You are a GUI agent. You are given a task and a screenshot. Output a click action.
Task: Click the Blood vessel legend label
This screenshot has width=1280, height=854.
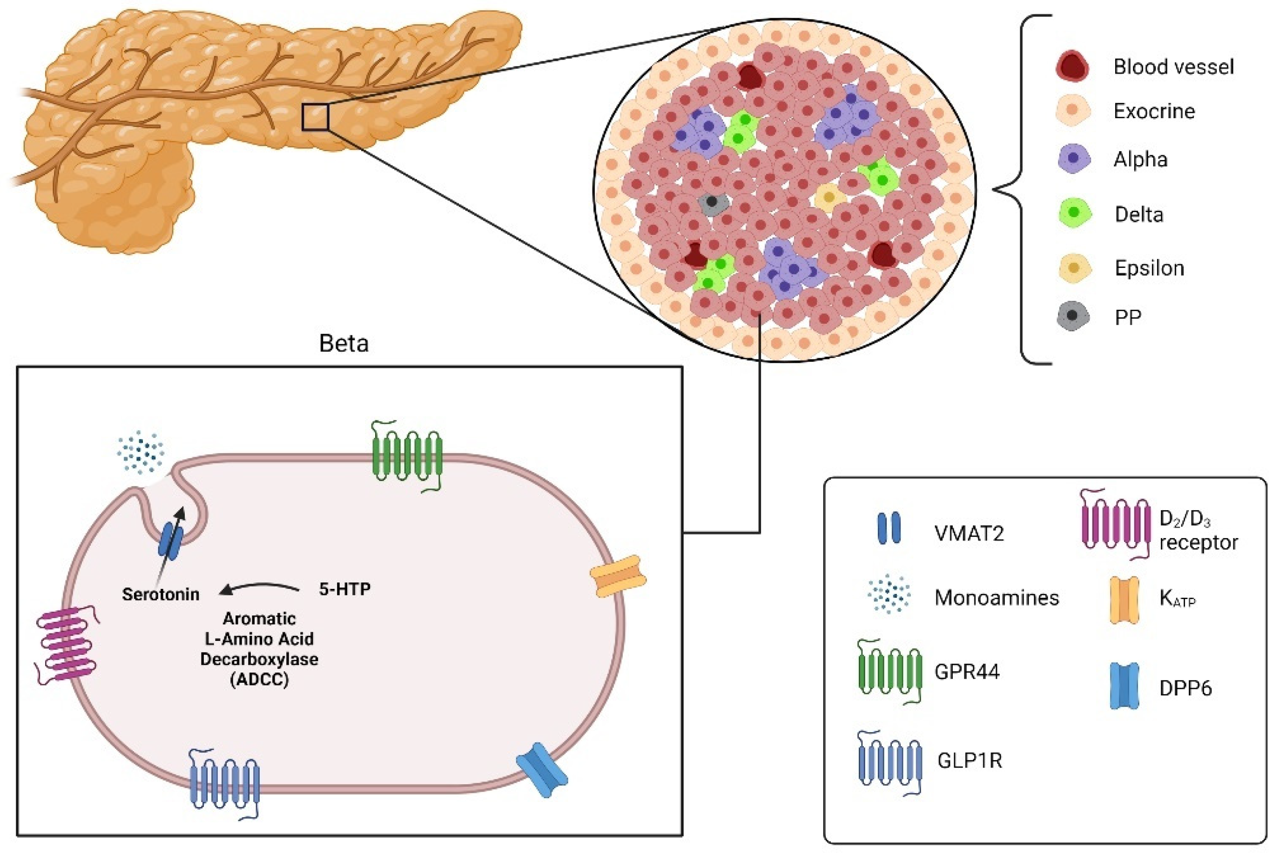[1172, 67]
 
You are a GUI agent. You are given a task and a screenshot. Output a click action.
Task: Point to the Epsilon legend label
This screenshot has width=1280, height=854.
[1149, 268]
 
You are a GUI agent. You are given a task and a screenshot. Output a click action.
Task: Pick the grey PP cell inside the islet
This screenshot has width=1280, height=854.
[712, 203]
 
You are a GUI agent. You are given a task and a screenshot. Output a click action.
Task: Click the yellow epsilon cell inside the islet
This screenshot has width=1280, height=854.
[828, 197]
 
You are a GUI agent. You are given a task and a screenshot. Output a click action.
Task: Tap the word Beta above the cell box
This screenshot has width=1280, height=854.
[344, 344]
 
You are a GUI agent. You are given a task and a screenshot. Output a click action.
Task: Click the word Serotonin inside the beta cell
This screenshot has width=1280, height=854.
[160, 594]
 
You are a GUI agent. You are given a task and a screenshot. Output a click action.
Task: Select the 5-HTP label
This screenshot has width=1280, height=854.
[344, 589]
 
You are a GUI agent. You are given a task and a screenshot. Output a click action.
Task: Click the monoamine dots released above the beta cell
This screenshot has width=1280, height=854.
[141, 452]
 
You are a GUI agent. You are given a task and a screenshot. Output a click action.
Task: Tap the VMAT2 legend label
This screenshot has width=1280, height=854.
[968, 533]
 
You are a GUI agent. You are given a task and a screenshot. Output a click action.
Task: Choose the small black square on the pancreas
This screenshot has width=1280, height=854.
[315, 117]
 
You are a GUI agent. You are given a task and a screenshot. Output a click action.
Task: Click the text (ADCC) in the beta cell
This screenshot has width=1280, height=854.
[259, 680]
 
